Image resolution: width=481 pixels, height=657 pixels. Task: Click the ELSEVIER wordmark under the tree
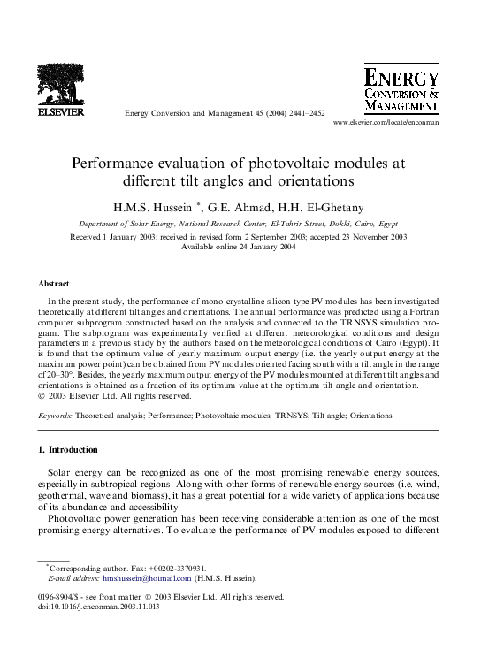click(59, 112)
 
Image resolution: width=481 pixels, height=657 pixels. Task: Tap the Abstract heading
click(52, 285)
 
